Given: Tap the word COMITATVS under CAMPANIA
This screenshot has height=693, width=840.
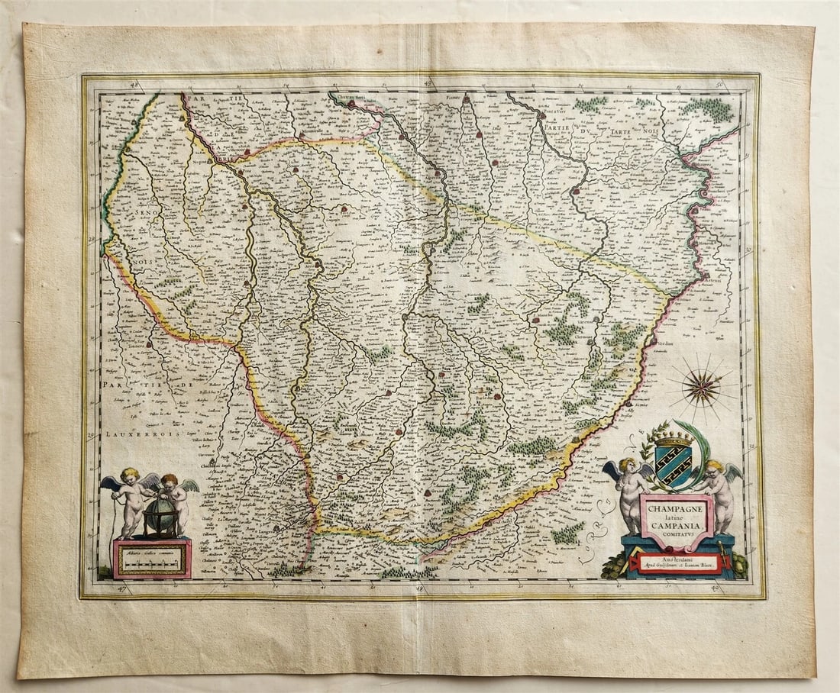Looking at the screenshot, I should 676,535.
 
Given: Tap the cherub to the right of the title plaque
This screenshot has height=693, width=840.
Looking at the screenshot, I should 719,493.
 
